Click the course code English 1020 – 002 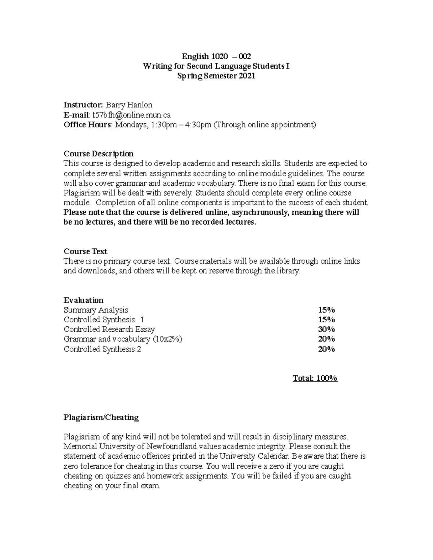click(x=216, y=56)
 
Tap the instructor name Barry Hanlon click(x=128, y=105)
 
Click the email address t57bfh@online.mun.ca click(x=131, y=115)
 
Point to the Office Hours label click(x=87, y=125)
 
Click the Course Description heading click(x=98, y=154)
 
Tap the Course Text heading click(x=85, y=251)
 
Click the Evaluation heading click(x=83, y=300)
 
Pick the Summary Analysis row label click(x=96, y=310)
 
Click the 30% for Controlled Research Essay click(x=326, y=329)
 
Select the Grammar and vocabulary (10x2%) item click(x=123, y=339)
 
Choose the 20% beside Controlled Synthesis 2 click(x=326, y=349)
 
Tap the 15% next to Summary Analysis click(x=326, y=310)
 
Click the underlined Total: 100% click(x=315, y=378)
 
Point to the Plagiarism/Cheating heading click(x=101, y=417)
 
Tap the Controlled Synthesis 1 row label click(x=104, y=319)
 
